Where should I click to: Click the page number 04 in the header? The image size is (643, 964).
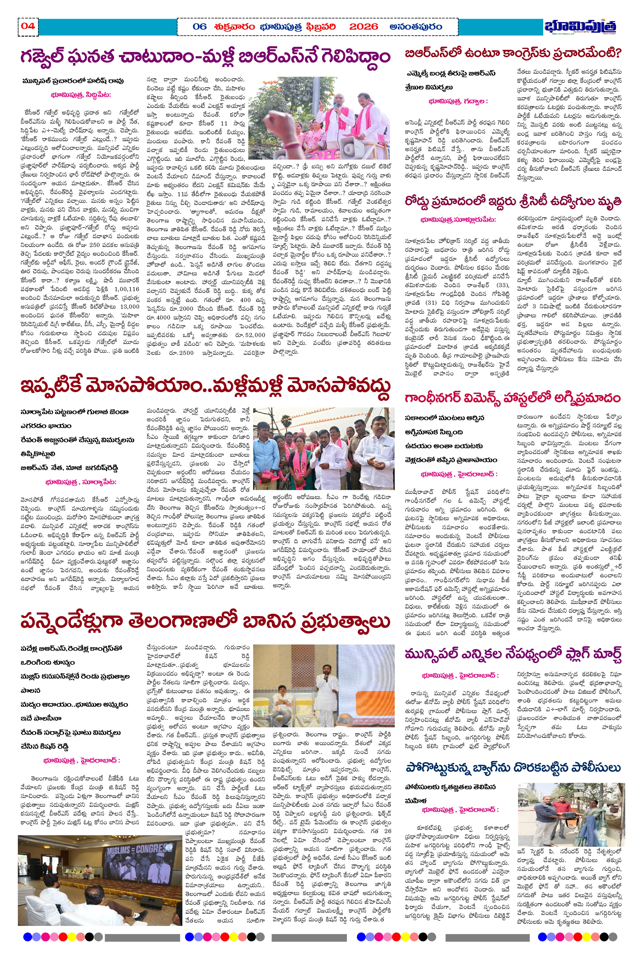28,26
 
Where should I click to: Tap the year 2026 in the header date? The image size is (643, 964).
363,27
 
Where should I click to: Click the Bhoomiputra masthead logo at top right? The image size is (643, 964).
580,27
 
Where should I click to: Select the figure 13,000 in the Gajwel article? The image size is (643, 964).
129,307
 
